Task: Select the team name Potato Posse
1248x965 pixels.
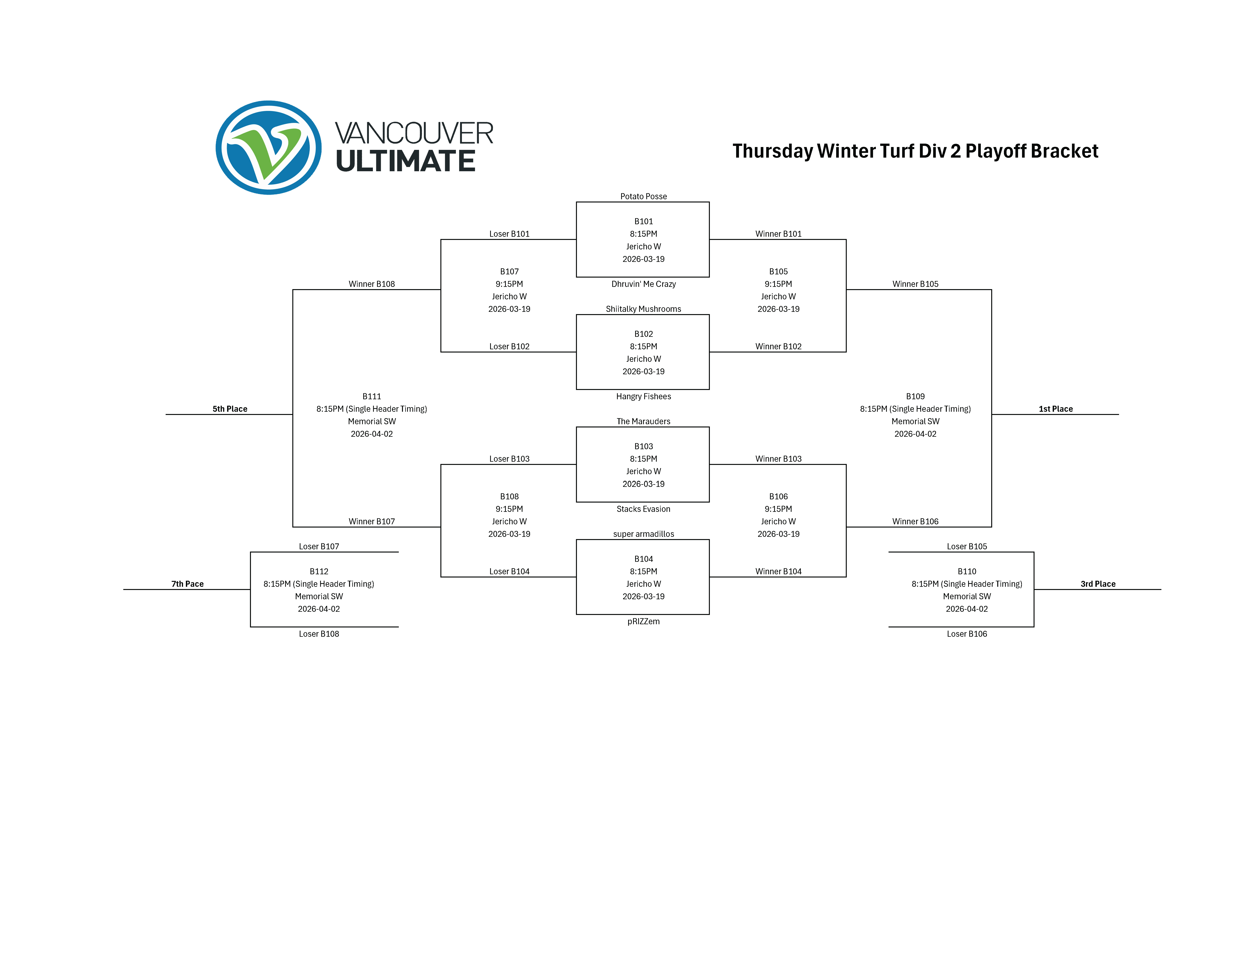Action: coord(643,196)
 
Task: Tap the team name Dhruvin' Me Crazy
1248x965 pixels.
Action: coord(643,284)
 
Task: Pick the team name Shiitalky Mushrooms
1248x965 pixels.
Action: coord(643,309)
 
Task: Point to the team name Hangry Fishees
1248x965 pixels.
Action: coord(643,396)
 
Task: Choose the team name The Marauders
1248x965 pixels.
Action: coord(643,421)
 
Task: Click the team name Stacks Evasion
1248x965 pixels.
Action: coord(643,509)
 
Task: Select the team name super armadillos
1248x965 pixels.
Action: coord(643,534)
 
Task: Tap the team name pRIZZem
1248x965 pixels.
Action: coord(643,621)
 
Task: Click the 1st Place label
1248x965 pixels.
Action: coord(1056,409)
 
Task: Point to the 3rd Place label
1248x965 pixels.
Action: coord(1098,584)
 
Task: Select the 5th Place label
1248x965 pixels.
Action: coord(230,409)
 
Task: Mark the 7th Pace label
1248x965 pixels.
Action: coord(187,584)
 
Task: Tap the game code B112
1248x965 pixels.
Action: coord(319,571)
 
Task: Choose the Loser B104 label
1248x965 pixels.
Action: coord(509,571)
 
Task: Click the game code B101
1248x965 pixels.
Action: coord(643,221)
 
